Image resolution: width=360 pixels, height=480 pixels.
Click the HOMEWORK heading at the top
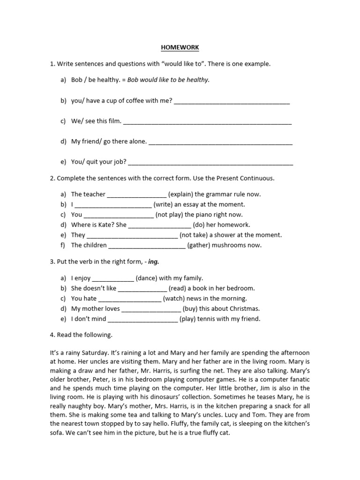pyautogui.click(x=180, y=48)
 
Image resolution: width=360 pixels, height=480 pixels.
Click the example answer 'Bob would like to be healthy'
pyautogui.click(x=168, y=80)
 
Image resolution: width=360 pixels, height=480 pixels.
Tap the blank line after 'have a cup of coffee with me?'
pyautogui.click(x=232, y=101)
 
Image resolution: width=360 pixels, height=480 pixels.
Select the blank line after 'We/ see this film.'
pyautogui.click(x=207, y=121)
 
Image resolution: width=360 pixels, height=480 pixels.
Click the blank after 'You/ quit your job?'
pyautogui.click(x=210, y=162)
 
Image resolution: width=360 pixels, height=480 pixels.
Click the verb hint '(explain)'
pyautogui.click(x=180, y=194)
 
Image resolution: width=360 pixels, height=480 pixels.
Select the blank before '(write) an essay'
pyautogui.click(x=113, y=204)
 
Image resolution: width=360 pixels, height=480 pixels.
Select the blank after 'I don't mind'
pyautogui.click(x=142, y=319)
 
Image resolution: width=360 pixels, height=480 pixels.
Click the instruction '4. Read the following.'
pyautogui.click(x=81, y=335)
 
